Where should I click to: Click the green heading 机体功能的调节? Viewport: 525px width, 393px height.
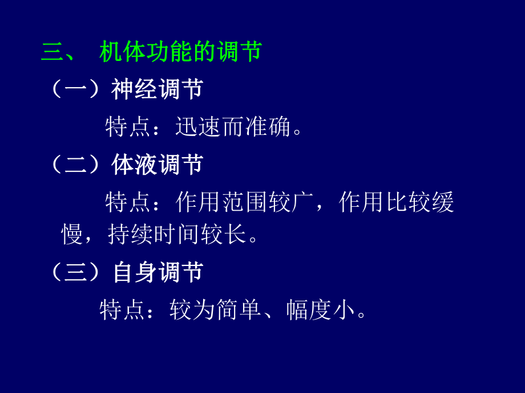tap(180, 52)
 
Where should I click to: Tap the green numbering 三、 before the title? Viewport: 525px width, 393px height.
tap(59, 52)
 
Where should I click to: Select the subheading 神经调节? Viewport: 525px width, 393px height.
tap(157, 89)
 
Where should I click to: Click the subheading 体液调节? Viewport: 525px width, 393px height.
tap(157, 165)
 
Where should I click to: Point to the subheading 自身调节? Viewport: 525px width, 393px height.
tap(157, 272)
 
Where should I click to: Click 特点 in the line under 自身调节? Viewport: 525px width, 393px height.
tap(122, 310)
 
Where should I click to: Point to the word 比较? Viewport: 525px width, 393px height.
tap(407, 203)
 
